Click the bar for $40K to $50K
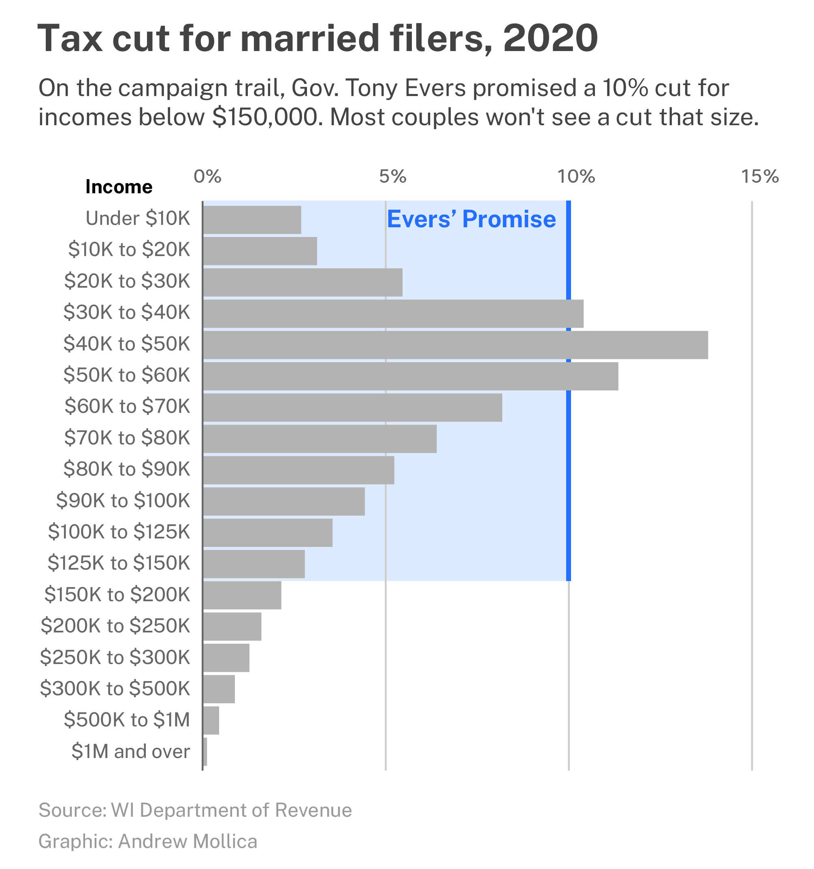(x=455, y=345)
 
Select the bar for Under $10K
(x=252, y=220)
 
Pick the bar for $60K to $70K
(x=352, y=408)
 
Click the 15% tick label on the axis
(x=760, y=177)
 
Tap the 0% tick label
(x=207, y=177)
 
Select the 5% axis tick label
(x=392, y=177)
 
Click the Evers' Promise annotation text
(x=471, y=219)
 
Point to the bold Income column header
(x=119, y=187)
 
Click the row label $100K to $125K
(x=119, y=532)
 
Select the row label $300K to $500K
(x=115, y=688)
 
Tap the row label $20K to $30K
(x=127, y=281)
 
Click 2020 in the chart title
(x=550, y=38)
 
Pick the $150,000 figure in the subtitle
(x=265, y=117)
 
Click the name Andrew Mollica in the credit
(x=188, y=841)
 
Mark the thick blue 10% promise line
(x=569, y=481)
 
